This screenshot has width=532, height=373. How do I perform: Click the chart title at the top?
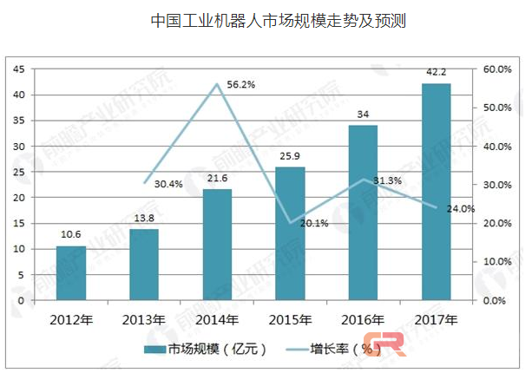click(x=266, y=19)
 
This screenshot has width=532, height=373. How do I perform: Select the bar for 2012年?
click(x=71, y=273)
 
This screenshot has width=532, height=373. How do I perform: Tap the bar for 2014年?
click(x=217, y=245)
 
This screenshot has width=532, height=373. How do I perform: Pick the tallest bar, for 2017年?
click(x=436, y=192)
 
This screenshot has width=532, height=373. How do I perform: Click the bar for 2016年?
click(x=363, y=213)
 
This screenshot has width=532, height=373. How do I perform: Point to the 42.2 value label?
click(x=436, y=74)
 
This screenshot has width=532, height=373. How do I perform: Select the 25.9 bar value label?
click(x=290, y=157)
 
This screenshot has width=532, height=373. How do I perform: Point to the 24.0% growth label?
click(x=462, y=208)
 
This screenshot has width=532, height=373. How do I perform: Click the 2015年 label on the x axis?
click(x=290, y=318)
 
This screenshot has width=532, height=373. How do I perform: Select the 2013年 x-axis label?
click(x=144, y=318)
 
